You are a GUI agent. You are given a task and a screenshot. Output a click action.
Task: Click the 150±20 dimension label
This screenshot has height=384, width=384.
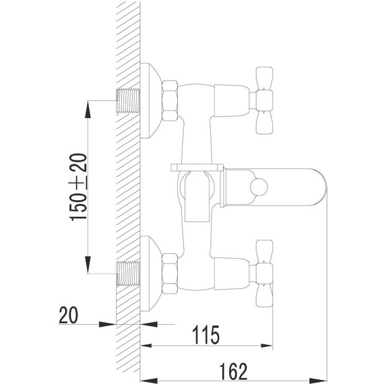(79, 187)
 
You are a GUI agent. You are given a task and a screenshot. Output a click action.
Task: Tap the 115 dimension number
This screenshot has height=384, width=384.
(205, 335)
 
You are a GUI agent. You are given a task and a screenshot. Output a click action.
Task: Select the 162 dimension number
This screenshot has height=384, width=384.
(233, 371)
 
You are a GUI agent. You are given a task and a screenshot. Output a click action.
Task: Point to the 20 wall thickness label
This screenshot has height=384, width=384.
(69, 315)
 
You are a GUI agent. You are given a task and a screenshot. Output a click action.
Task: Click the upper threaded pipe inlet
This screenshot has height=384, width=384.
(128, 100)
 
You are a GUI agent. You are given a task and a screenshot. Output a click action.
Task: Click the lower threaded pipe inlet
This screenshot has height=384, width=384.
(128, 274)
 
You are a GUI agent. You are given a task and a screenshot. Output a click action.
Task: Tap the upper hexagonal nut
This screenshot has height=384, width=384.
(170, 100)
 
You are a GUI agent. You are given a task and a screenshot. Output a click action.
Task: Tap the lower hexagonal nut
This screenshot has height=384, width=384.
(170, 274)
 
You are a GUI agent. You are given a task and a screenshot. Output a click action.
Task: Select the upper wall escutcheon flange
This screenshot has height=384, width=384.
(151, 100)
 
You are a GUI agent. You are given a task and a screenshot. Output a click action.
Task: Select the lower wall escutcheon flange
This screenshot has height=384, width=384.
(151, 274)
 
